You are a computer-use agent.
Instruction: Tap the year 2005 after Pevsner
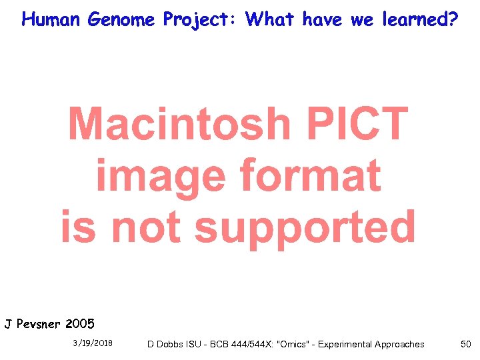point(80,325)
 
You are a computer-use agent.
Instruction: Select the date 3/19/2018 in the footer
point(93,343)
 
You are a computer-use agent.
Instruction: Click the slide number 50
point(465,344)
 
